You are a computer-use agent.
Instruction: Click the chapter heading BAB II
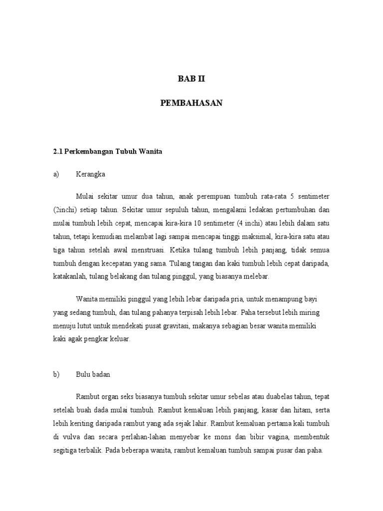click(191, 79)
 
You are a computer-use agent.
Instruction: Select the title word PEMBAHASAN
click(191, 103)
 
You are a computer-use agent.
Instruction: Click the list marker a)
click(56, 174)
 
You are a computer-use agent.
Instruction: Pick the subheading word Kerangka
click(91, 174)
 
